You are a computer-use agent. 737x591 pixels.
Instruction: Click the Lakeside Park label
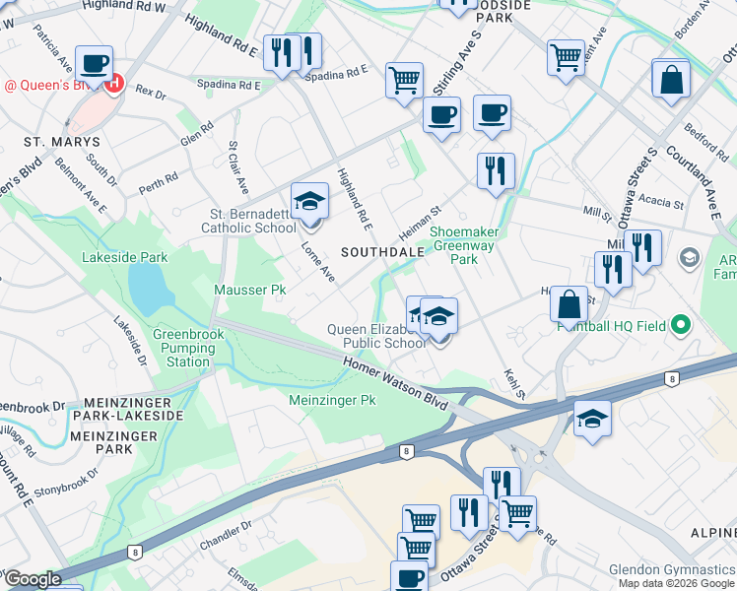pos(126,258)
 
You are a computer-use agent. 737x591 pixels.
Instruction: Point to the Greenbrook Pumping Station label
pos(188,348)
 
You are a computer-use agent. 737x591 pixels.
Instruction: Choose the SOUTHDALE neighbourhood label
pos(382,252)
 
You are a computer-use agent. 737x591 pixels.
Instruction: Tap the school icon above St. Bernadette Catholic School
pos(309,203)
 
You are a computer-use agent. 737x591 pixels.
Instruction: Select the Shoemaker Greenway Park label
pos(464,245)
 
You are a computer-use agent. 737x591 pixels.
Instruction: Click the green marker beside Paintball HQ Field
pos(679,325)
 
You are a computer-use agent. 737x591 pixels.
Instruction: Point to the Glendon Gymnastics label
pos(672,569)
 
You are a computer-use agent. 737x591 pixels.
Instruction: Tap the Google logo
pos(33,579)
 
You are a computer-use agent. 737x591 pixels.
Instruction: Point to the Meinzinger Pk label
pos(333,401)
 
